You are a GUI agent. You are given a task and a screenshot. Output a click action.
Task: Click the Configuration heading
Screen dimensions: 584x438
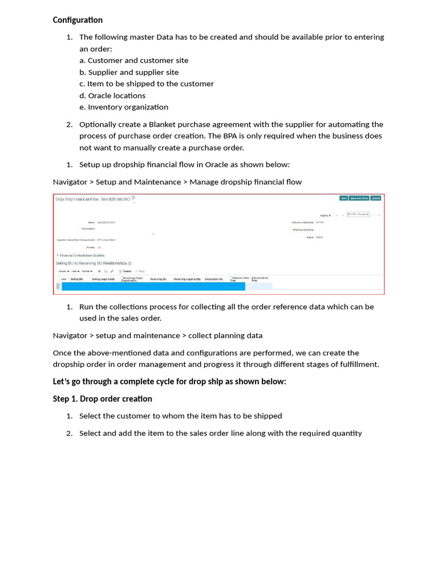(x=78, y=20)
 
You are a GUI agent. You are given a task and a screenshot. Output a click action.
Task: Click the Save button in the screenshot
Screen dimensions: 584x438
(x=343, y=198)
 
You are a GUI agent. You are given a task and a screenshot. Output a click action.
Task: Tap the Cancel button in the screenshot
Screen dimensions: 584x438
(x=376, y=198)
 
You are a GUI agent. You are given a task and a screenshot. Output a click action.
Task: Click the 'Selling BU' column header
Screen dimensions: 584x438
(x=76, y=279)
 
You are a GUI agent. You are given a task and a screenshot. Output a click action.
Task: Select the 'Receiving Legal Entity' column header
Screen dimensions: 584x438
(x=187, y=279)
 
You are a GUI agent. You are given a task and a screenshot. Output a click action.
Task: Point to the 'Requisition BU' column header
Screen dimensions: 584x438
(x=214, y=279)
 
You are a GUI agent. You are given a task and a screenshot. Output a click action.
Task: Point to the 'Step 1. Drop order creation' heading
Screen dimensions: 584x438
(x=103, y=399)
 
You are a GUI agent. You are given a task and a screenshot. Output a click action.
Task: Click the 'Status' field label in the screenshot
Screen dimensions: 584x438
(x=310, y=237)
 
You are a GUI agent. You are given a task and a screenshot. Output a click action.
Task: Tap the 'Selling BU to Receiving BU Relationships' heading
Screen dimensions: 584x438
(x=91, y=263)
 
